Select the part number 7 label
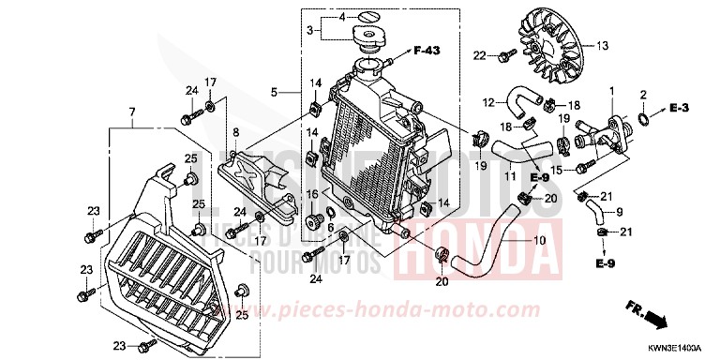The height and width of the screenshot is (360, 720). tap(132, 112)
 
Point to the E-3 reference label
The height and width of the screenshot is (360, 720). tap(681, 110)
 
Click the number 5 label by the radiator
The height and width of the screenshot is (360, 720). tap(275, 92)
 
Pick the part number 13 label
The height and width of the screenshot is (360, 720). tap(602, 45)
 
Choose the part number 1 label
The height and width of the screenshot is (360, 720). tap(611, 90)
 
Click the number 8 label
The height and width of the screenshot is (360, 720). tap(236, 131)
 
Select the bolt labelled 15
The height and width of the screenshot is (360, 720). tap(584, 169)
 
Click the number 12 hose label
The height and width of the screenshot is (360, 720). tap(488, 101)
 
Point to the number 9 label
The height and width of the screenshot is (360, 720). tap(619, 212)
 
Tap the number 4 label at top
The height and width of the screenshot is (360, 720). tap(342, 17)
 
